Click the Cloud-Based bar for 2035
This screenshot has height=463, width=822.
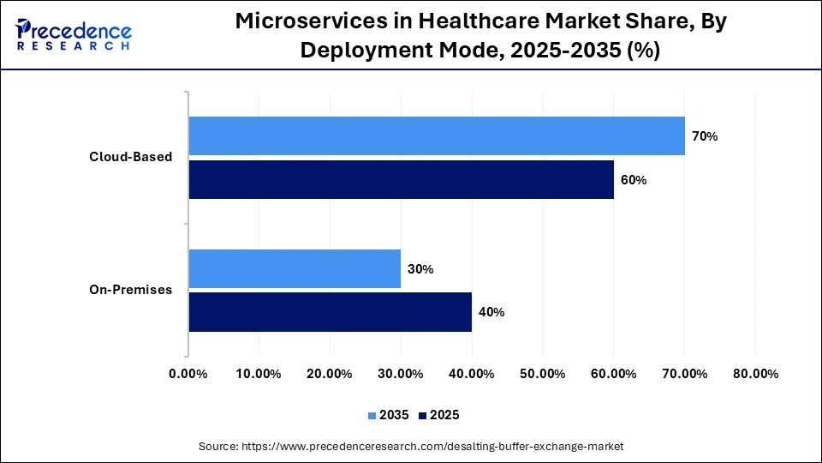coord(437,135)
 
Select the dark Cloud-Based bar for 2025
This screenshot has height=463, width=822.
coord(401,180)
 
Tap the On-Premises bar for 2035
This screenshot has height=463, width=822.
coord(295,269)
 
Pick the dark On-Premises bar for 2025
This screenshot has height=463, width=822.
coord(330,312)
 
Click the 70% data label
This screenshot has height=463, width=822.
coord(705,136)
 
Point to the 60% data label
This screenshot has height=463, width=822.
coord(634,180)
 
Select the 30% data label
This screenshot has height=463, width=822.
coord(420,269)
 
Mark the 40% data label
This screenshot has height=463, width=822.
coord(491,312)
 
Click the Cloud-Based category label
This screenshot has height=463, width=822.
coord(131,157)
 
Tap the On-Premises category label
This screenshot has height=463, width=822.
coord(130,290)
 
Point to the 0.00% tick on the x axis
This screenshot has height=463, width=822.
coord(188,374)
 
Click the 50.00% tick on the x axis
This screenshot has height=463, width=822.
coord(543,374)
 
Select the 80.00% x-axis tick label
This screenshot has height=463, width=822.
coord(755,374)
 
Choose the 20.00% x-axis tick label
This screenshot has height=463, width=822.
coord(330,374)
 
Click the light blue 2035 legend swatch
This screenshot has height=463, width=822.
coord(372,415)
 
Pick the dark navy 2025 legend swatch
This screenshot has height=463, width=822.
coord(423,415)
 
